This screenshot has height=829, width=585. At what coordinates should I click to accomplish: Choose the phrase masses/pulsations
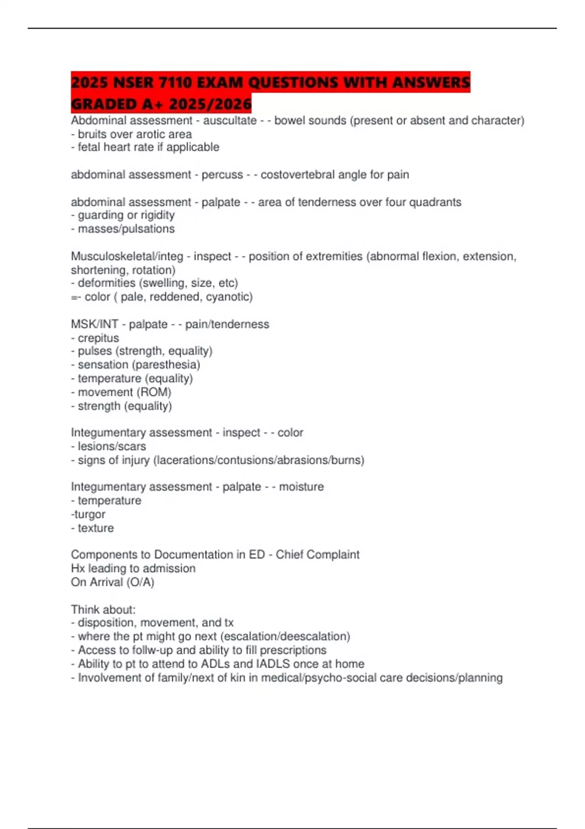(x=126, y=229)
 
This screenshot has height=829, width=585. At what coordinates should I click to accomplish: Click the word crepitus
(x=98, y=338)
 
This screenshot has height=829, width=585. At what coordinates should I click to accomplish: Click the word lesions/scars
(x=112, y=446)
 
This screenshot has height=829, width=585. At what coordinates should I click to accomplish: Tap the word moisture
(x=301, y=487)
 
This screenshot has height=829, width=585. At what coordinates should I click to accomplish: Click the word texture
(x=96, y=528)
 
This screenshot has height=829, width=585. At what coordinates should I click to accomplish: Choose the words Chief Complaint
(x=317, y=554)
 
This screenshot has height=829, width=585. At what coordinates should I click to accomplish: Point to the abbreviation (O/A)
(x=140, y=582)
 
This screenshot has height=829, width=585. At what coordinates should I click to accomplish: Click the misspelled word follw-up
(x=152, y=650)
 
